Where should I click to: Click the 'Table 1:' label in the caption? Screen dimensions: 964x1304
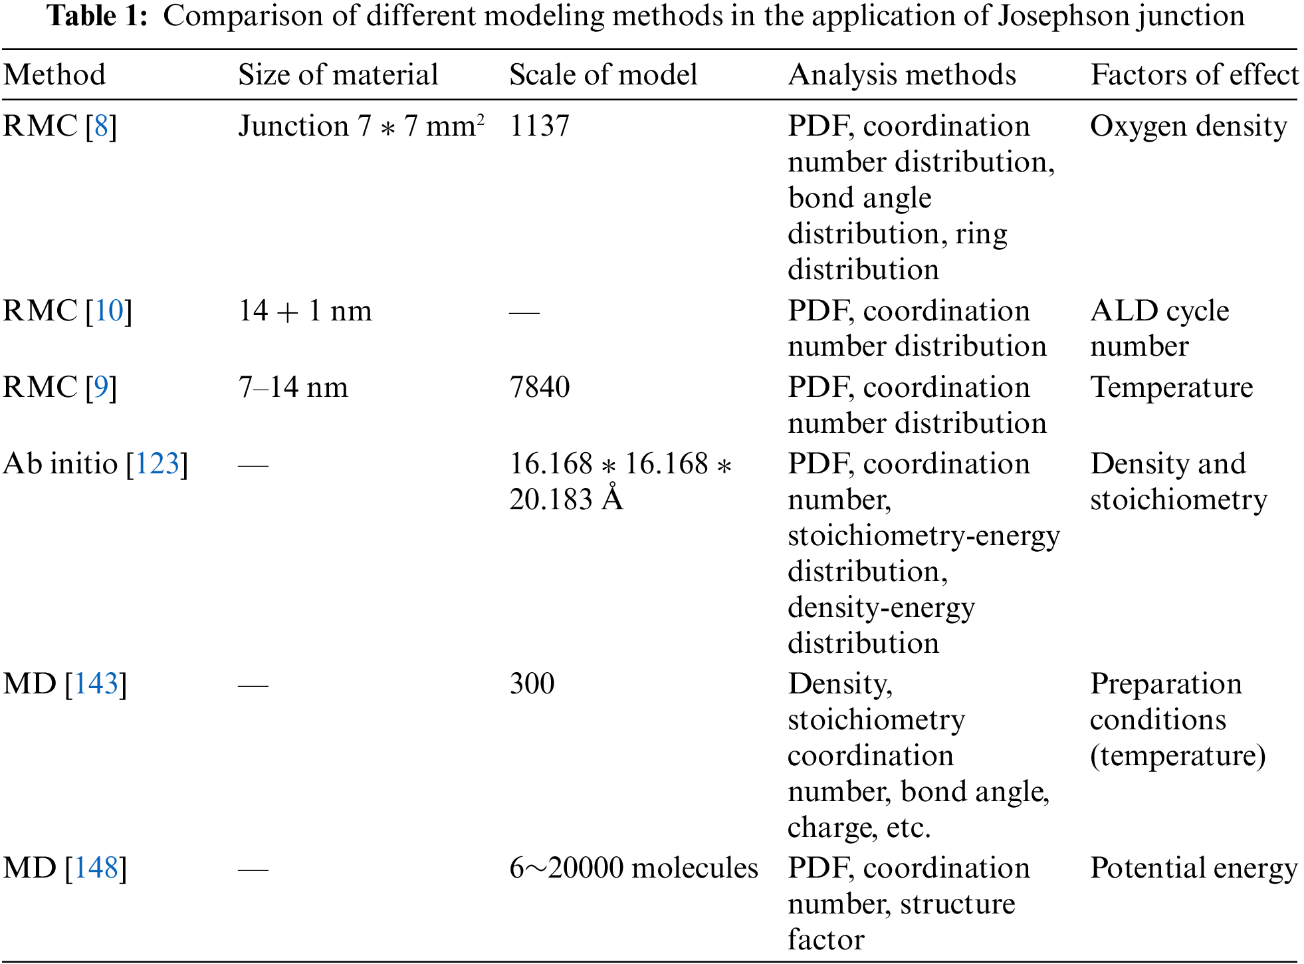[x=97, y=16]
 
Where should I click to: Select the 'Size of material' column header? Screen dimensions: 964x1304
[x=338, y=74]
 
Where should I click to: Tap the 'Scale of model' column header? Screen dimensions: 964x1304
[x=603, y=74]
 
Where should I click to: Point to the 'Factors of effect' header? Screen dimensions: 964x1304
[x=1194, y=74]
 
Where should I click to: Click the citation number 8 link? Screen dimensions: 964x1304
[x=101, y=126]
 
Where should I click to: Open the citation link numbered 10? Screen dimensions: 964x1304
[x=109, y=310]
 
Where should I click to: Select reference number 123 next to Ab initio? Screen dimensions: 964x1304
[x=158, y=463]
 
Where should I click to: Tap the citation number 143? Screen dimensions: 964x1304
[x=96, y=683]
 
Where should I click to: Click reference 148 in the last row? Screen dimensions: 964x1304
[x=96, y=868]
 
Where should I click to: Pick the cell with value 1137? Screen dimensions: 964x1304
[x=539, y=126]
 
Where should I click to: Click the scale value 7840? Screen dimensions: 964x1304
[x=539, y=387]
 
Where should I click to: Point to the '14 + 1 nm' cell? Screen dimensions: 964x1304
[x=304, y=310]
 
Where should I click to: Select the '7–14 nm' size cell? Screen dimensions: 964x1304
[x=292, y=387]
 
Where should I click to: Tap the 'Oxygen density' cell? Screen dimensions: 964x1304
[x=1188, y=126]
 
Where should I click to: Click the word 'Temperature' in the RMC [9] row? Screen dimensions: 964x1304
[x=1171, y=387]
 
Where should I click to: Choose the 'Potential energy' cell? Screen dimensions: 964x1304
[x=1193, y=868]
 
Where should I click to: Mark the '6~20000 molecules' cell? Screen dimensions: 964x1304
[x=633, y=868]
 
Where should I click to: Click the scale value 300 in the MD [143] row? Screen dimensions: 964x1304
[x=532, y=683]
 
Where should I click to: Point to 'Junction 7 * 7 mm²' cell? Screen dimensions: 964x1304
[x=361, y=126]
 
